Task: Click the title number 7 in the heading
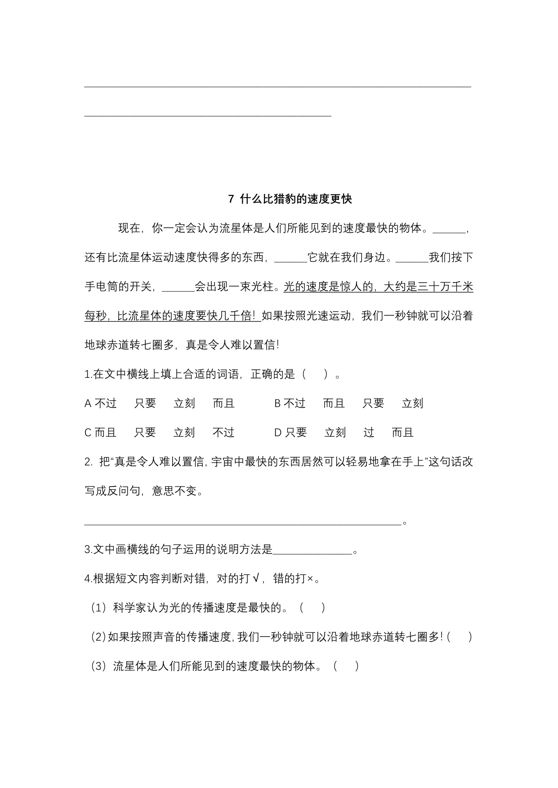pos(231,199)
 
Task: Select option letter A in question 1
pos(88,403)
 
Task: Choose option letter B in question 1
pos(278,403)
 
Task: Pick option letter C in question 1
pos(88,433)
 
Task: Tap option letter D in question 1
pos(278,433)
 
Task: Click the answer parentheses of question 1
pos(315,374)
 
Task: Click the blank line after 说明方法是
pos(312,550)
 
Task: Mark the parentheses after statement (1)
pos(312,608)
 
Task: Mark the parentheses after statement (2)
pos(460,637)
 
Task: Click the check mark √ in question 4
pos(255,579)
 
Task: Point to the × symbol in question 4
pos(310,579)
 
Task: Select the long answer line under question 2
pos(242,522)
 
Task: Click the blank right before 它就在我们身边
pos(290,258)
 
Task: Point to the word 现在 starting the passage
pos(129,228)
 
